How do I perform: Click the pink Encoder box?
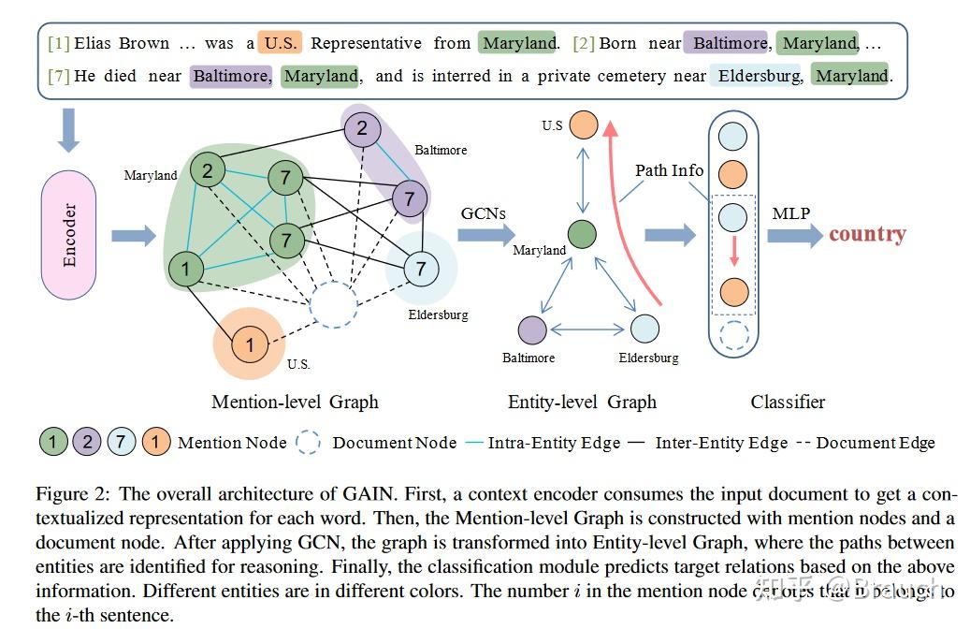pyautogui.click(x=69, y=235)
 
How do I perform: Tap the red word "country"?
pyautogui.click(x=867, y=234)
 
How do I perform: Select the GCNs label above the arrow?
pyautogui.click(x=483, y=213)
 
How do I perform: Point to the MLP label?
pyautogui.click(x=790, y=213)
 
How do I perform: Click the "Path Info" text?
pyautogui.click(x=669, y=170)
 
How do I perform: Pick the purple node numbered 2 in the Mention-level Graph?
pyautogui.click(x=363, y=128)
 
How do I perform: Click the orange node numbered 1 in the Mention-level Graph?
pyautogui.click(x=249, y=344)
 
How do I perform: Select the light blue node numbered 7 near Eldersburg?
pyautogui.click(x=420, y=270)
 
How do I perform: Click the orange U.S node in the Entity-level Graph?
pyautogui.click(x=583, y=124)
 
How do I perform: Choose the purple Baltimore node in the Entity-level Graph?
pyautogui.click(x=531, y=329)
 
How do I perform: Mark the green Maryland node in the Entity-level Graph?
pyautogui.click(x=582, y=234)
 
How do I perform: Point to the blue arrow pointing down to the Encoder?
pyautogui.click(x=68, y=131)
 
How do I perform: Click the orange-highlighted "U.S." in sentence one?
pyautogui.click(x=280, y=43)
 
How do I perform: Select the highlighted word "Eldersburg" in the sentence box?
pyautogui.click(x=759, y=76)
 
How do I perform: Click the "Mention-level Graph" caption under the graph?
pyautogui.click(x=295, y=402)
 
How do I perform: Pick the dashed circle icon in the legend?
pyautogui.click(x=309, y=443)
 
